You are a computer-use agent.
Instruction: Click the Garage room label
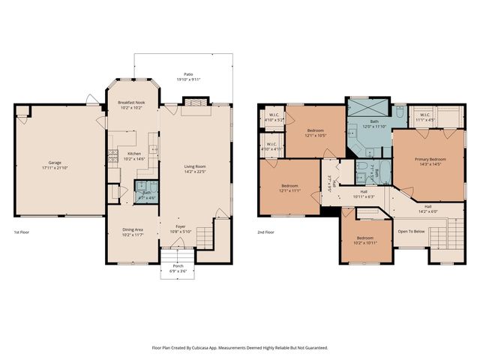(x=55, y=162)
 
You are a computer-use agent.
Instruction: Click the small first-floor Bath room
(x=145, y=190)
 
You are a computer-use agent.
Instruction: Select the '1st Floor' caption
(x=23, y=232)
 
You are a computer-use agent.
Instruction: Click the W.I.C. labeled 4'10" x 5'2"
(x=271, y=117)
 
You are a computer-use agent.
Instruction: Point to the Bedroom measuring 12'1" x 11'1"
(x=290, y=187)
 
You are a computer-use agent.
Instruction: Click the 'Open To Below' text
(x=412, y=231)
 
